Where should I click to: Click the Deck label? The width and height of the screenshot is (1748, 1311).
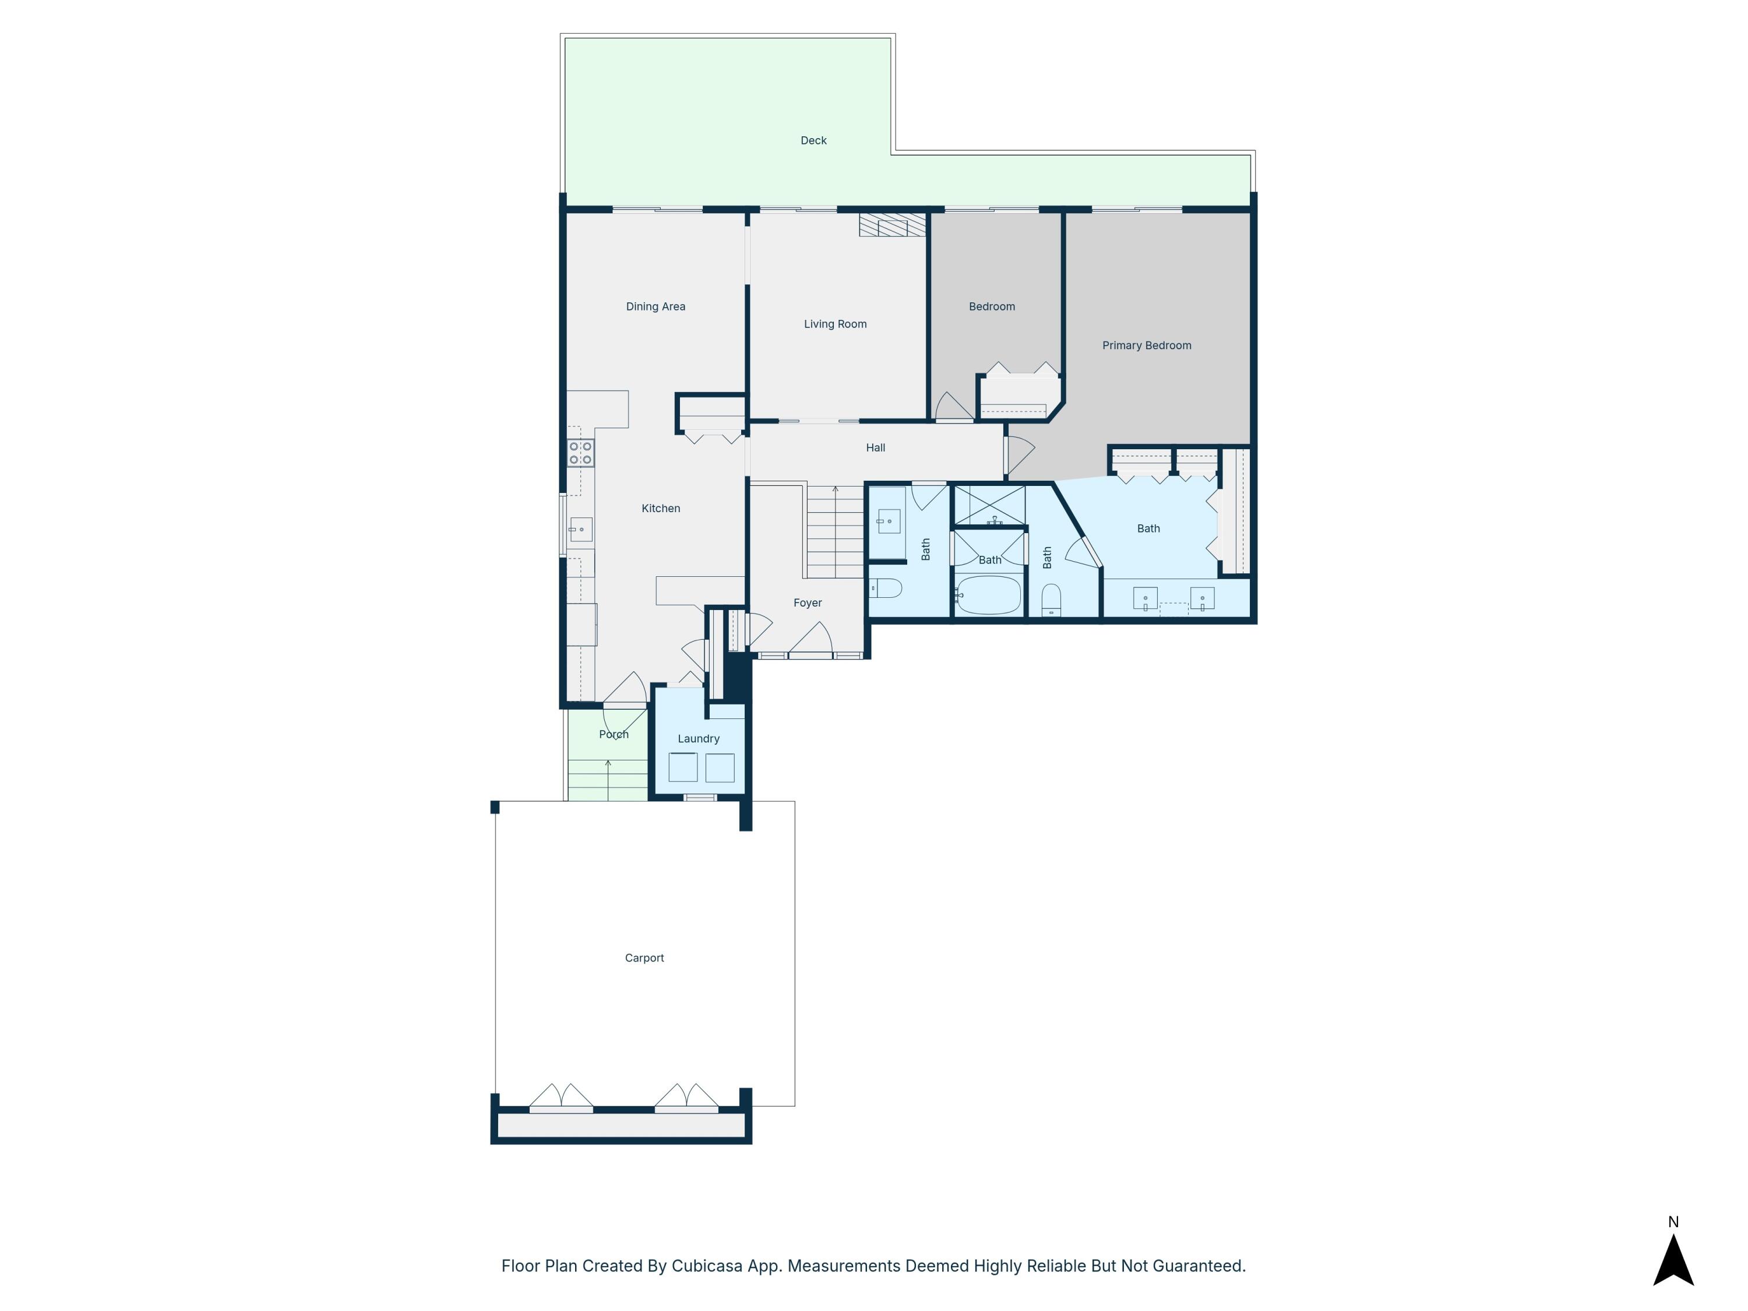pyautogui.click(x=813, y=140)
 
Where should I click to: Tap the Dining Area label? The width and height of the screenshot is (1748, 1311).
pyautogui.click(x=655, y=306)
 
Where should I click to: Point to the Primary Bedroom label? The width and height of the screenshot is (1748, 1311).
pyautogui.click(x=1146, y=346)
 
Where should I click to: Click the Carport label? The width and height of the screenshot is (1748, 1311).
pyautogui.click(x=644, y=958)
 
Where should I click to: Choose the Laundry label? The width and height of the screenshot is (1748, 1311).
pyautogui.click(x=698, y=739)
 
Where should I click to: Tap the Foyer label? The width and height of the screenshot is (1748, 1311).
pyautogui.click(x=807, y=603)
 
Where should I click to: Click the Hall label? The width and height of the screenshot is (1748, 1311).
pyautogui.click(x=875, y=448)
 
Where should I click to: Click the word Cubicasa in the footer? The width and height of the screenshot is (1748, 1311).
pyautogui.click(x=706, y=1266)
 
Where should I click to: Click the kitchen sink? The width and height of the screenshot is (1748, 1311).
pyautogui.click(x=581, y=528)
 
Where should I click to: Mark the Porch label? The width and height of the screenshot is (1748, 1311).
pyautogui.click(x=613, y=735)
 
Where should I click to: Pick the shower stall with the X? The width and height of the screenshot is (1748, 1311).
pyautogui.click(x=989, y=505)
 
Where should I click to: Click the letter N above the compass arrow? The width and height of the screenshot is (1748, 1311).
pyautogui.click(x=1673, y=1222)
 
